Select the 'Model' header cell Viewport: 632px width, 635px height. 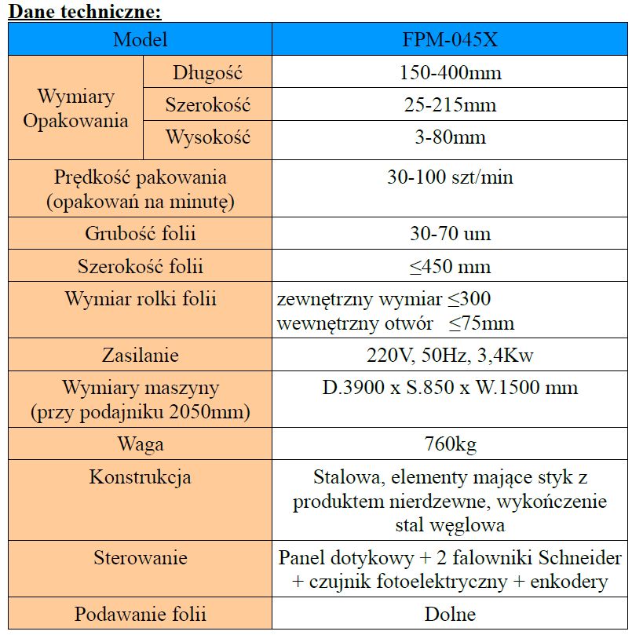[141, 39]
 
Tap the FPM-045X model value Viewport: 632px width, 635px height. [450, 39]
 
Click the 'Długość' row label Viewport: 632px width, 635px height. [207, 74]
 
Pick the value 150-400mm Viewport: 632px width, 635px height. [450, 74]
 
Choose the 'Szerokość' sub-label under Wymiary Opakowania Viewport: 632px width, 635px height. [207, 105]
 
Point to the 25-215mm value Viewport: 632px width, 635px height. [450, 105]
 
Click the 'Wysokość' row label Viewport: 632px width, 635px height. [207, 137]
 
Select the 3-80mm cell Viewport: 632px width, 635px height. [450, 137]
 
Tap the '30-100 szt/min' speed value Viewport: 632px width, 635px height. [450, 177]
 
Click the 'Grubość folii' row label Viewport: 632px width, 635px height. [141, 234]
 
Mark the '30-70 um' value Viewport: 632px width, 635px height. [450, 234]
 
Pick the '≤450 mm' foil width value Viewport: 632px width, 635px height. [450, 266]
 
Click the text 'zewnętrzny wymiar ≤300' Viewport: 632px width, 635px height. [385, 299]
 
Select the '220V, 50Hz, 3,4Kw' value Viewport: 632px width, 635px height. [450, 355]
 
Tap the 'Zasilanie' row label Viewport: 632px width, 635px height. [141, 355]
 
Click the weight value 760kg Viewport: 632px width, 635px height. [450, 444]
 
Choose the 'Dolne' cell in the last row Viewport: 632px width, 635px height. [450, 615]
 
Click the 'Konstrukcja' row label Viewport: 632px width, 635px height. [141, 476]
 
